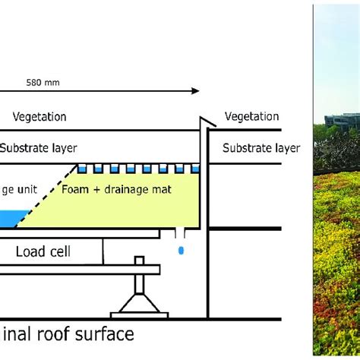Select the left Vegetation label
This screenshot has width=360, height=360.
(x=39, y=116)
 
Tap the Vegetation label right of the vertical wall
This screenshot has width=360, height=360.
(x=251, y=116)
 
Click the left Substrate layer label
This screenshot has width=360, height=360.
(x=38, y=147)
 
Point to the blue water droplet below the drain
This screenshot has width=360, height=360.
(x=180, y=249)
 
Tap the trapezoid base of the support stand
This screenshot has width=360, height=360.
(x=138, y=309)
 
